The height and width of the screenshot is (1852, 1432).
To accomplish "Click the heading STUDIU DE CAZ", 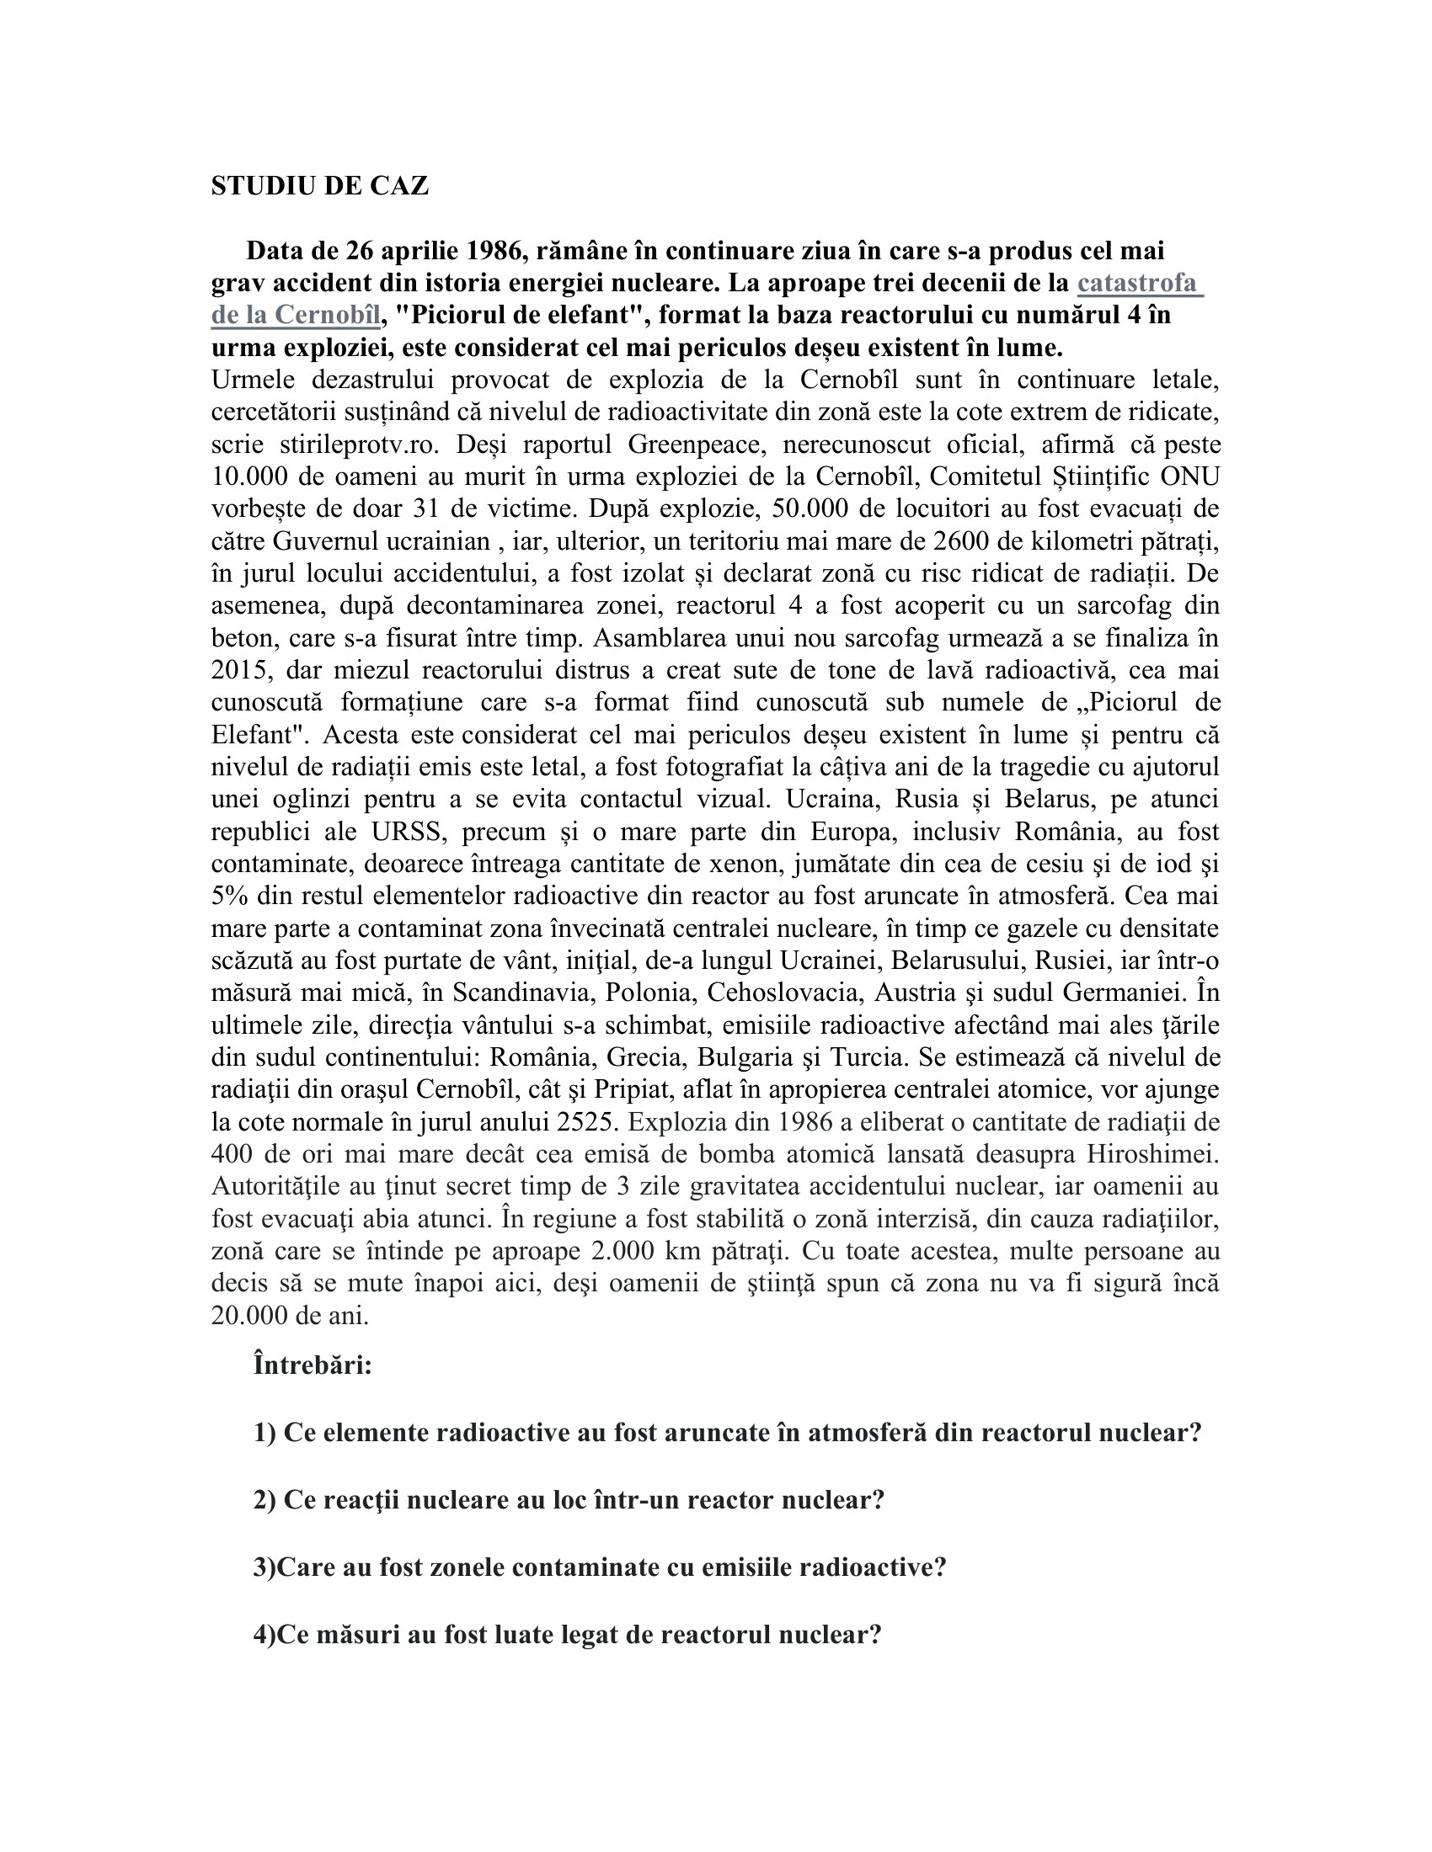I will pos(320,186).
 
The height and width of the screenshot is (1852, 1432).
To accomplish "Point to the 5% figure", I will pos(229,896).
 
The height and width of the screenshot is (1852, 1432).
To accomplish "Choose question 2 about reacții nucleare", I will pos(569,1500).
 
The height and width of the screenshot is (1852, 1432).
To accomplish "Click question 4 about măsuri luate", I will pos(567,1634).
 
